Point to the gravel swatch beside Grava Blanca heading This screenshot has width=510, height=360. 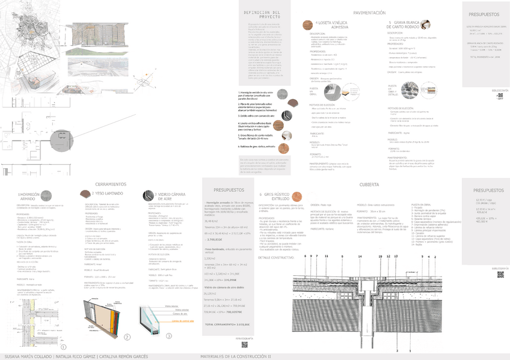pos(432,25)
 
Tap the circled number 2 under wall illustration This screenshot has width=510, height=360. pos(127,337)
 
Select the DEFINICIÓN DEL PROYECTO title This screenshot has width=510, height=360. pos(261,14)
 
